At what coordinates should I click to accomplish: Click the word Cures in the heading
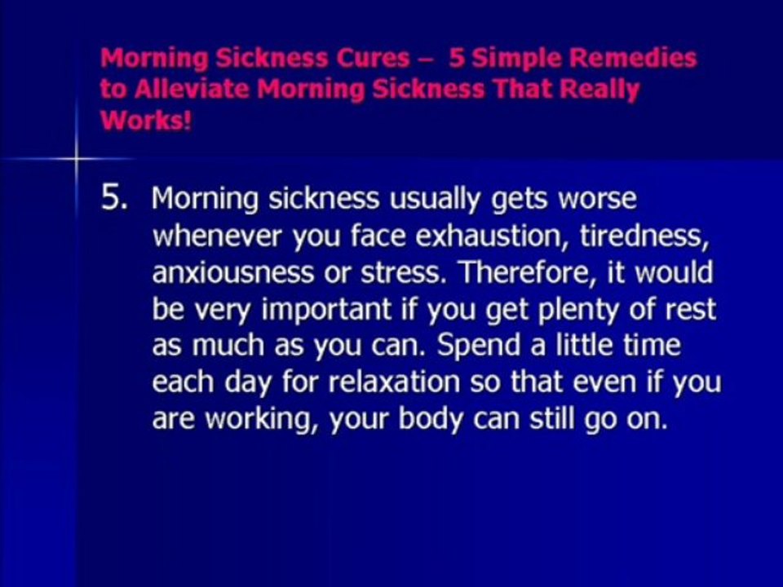373,59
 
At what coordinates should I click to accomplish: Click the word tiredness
642,236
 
